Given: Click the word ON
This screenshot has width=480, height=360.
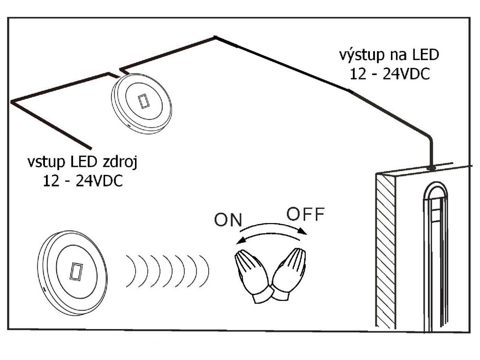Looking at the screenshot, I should point(227,220).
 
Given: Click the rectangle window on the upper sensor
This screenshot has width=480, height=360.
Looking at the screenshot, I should point(143,101).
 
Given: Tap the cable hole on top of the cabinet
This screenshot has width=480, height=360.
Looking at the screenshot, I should point(431,166).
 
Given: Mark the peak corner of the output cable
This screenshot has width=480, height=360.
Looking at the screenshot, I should point(215,37).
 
